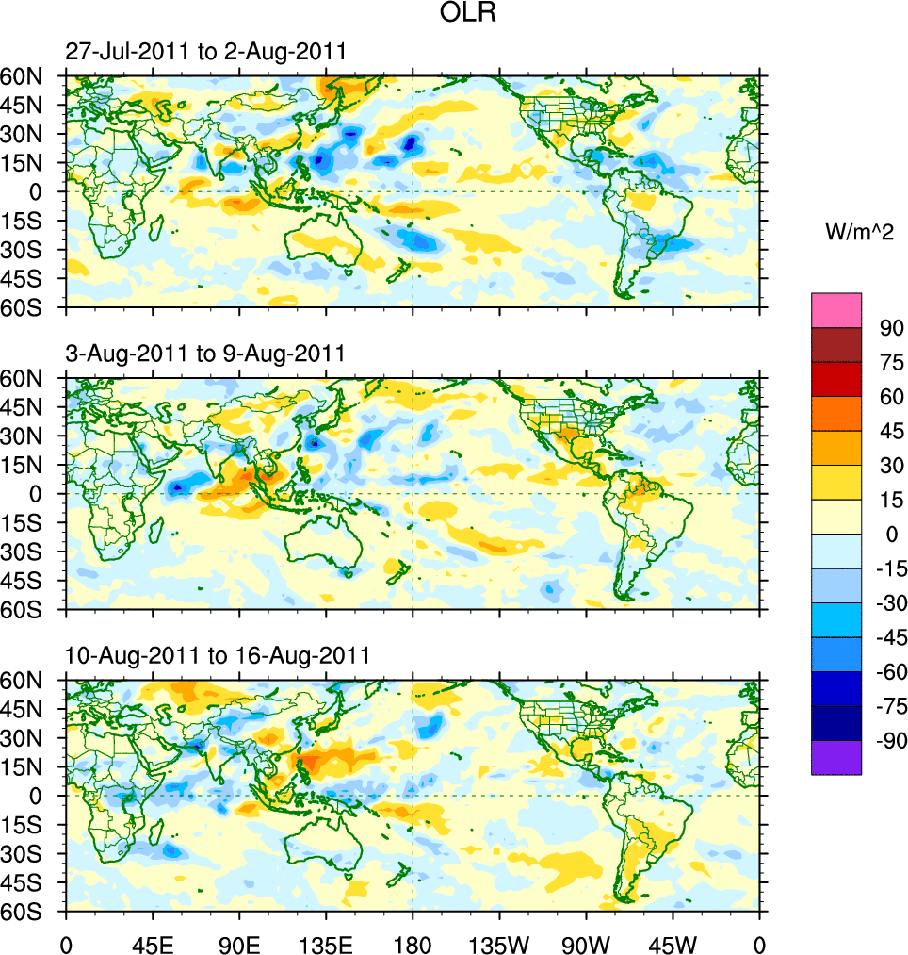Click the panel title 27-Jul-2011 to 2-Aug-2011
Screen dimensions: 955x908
205,52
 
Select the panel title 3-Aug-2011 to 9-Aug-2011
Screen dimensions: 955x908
205,354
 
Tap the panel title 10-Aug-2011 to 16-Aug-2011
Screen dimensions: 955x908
217,655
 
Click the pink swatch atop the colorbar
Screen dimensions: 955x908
836,309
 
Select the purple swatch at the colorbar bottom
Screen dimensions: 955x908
836,757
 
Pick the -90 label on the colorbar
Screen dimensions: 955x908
889,741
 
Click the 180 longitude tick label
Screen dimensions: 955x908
413,943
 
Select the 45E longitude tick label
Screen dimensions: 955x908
152,943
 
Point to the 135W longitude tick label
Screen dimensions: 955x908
499,943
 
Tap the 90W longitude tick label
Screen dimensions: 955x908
586,943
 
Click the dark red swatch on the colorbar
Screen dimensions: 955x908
836,345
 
